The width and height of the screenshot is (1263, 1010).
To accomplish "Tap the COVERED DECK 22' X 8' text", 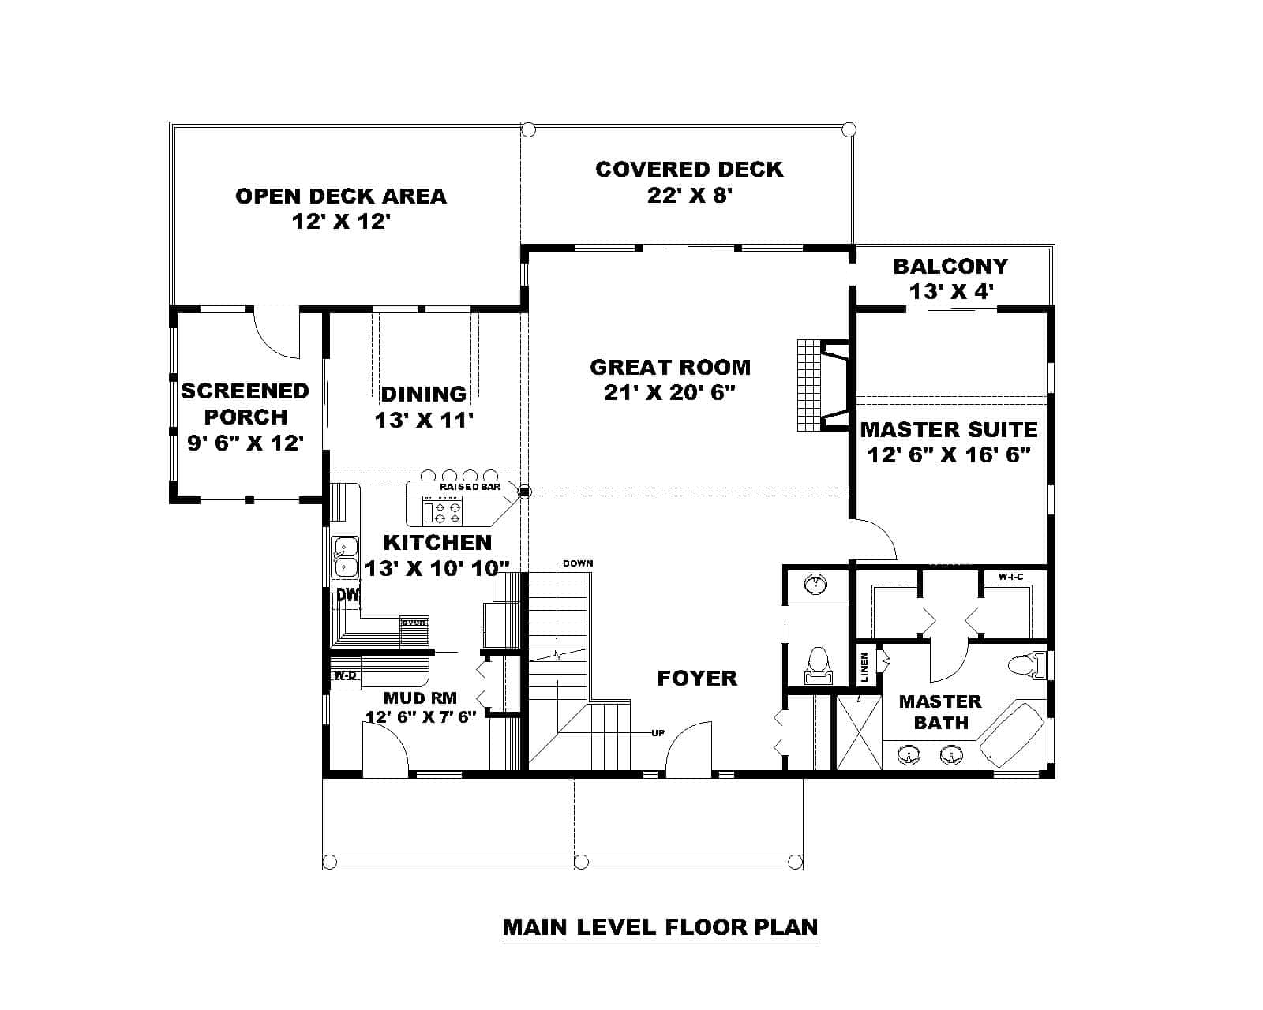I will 689,181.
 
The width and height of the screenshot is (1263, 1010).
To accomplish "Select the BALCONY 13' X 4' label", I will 950,279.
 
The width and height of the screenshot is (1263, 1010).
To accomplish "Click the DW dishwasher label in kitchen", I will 347,596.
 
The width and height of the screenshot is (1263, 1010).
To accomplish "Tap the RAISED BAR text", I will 470,488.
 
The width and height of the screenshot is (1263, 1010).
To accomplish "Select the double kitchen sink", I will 344,557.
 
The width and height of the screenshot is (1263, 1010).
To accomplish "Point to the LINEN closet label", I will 864,668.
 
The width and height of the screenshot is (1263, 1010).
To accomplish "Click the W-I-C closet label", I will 1010,578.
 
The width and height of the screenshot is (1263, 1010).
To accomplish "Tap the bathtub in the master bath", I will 1010,733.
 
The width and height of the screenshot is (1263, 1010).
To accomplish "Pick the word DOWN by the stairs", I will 578,563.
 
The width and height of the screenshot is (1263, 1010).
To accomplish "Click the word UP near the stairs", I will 658,733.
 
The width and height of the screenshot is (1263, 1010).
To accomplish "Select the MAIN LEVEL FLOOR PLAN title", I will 660,926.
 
